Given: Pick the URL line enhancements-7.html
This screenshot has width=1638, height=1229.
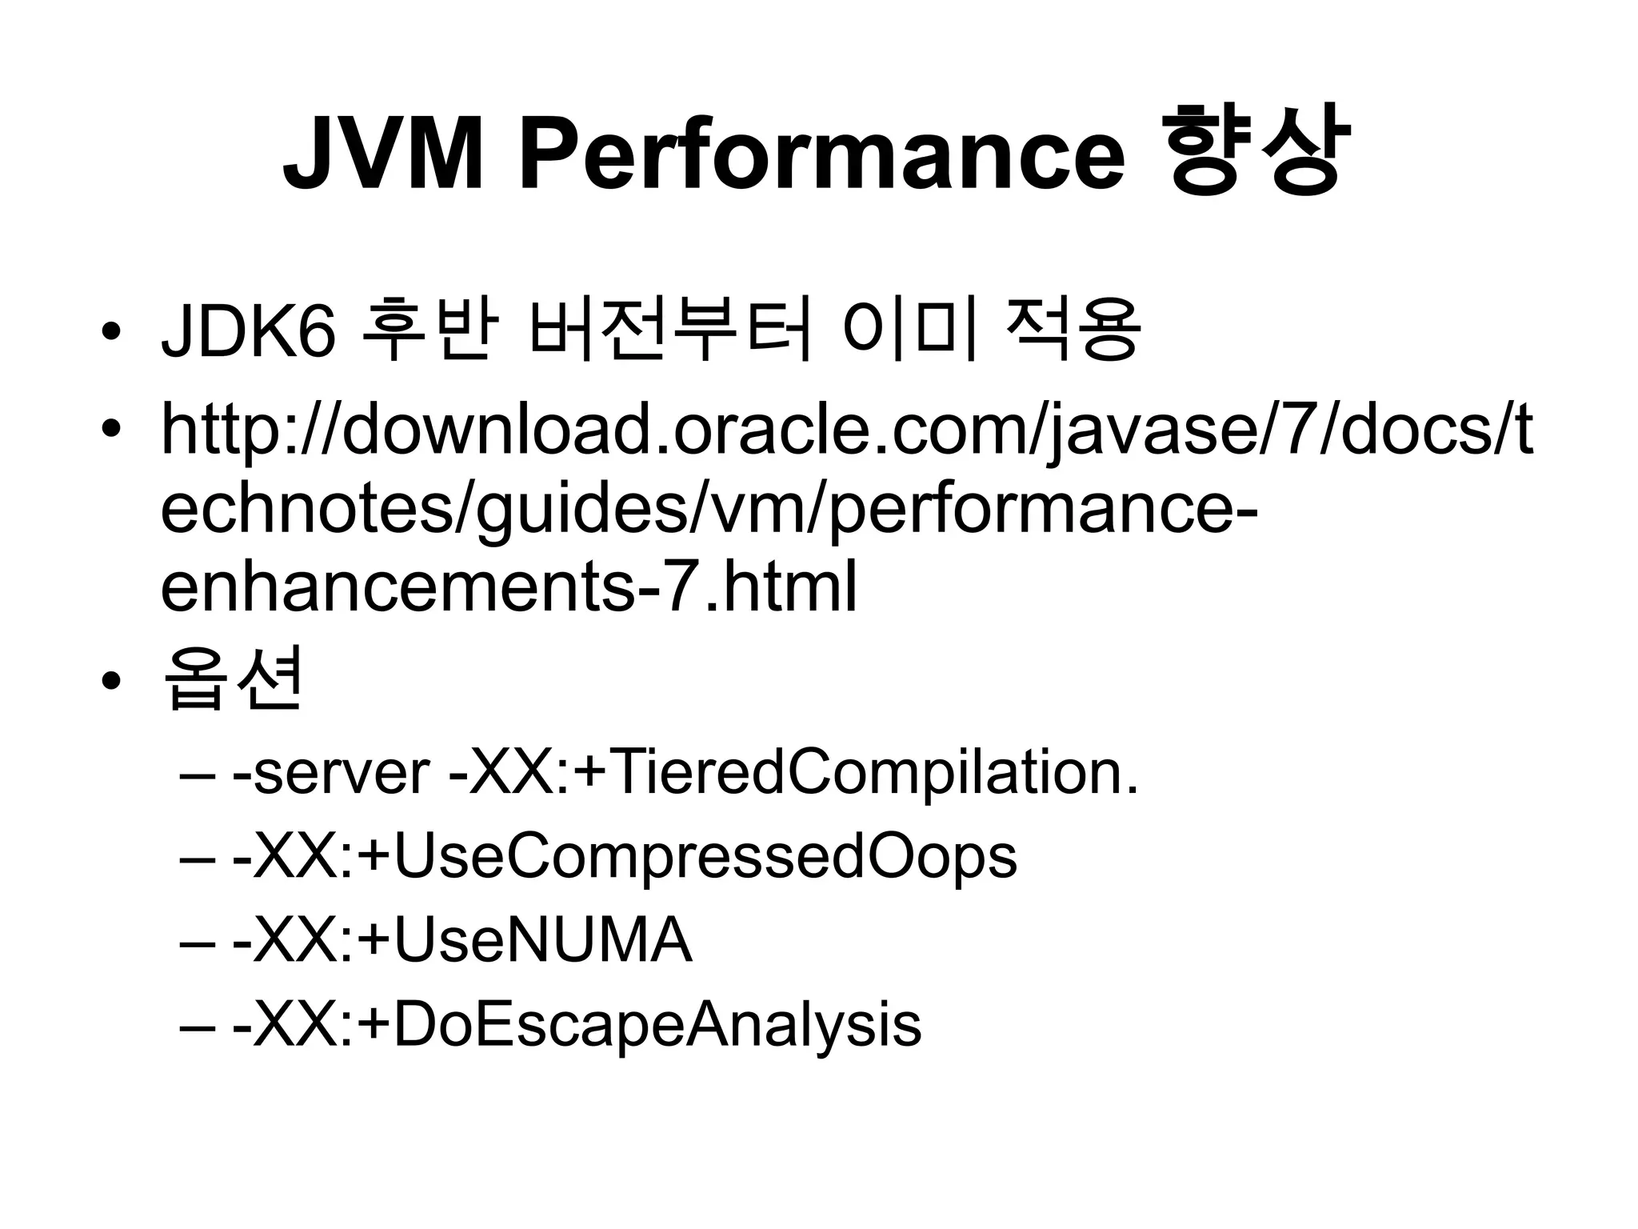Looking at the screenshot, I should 509,588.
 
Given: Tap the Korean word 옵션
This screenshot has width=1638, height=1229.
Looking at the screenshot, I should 232,679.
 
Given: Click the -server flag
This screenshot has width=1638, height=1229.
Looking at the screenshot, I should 331,773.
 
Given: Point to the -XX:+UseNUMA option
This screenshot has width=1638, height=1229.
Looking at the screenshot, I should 461,941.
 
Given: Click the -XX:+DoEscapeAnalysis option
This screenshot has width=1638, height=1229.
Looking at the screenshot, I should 576,1025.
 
